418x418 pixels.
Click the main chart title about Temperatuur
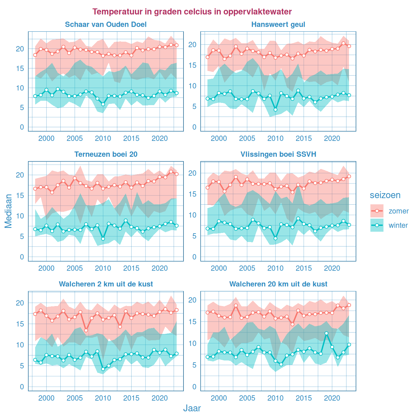click(x=192, y=12)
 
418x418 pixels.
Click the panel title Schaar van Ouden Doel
click(x=106, y=25)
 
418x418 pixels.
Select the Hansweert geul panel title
click(x=278, y=25)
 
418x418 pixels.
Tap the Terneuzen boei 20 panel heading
click(x=106, y=154)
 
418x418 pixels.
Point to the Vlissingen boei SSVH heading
click(x=278, y=154)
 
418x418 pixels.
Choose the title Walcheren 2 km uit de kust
click(x=106, y=284)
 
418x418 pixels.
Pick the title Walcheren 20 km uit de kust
click(x=278, y=284)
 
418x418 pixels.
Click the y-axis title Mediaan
click(x=8, y=211)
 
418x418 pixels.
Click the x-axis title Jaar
click(x=192, y=408)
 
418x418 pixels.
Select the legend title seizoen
click(x=385, y=195)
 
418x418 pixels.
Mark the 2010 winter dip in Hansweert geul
click(x=275, y=109)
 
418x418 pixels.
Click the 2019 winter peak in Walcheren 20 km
click(x=326, y=333)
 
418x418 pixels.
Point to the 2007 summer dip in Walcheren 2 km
click(x=86, y=330)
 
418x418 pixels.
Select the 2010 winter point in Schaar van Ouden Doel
click(x=103, y=104)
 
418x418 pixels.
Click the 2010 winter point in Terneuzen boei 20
click(x=103, y=239)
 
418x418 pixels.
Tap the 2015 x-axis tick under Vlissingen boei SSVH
click(x=304, y=268)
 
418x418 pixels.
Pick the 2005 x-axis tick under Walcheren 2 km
click(x=75, y=398)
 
